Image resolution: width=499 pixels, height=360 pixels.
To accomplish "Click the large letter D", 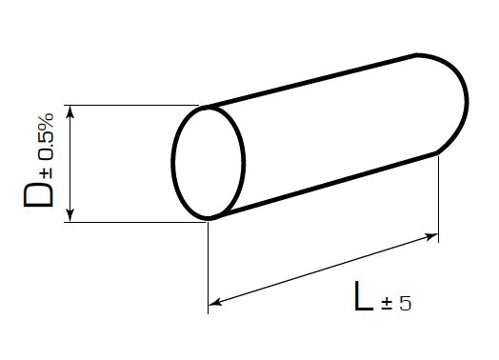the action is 38,195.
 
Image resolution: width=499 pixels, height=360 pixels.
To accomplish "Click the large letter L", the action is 364,295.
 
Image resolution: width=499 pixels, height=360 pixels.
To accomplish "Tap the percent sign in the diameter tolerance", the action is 47,121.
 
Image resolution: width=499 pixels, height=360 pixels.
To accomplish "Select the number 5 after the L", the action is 405,303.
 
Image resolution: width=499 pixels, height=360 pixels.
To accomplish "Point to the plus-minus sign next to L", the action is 387,304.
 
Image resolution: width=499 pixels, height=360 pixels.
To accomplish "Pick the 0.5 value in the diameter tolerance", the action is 47,146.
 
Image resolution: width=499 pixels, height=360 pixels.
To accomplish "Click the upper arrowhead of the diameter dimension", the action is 70,111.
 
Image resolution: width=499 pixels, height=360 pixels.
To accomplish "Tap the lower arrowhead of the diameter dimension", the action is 70,215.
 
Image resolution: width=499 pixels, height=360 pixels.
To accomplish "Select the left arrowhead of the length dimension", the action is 215,302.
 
